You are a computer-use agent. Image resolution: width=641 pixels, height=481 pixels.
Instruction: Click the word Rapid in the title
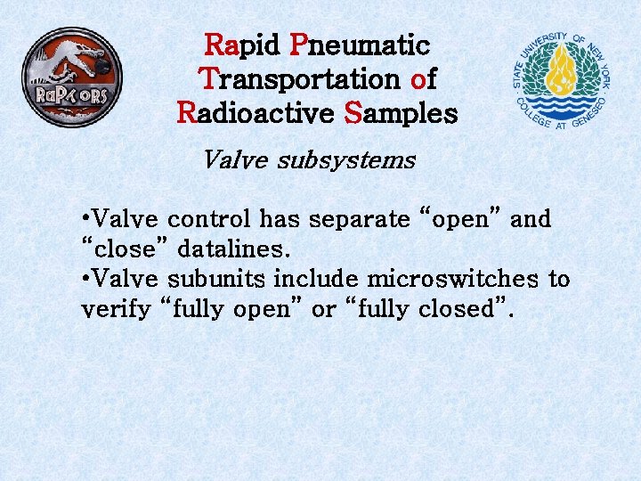click(x=242, y=45)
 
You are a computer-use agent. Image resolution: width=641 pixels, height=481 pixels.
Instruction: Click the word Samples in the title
click(x=401, y=113)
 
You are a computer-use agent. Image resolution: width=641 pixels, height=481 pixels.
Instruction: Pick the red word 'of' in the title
click(x=423, y=79)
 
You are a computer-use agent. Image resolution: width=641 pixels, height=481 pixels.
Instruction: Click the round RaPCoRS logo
click(x=71, y=77)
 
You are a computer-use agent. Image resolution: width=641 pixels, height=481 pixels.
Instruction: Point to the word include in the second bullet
click(x=311, y=279)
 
